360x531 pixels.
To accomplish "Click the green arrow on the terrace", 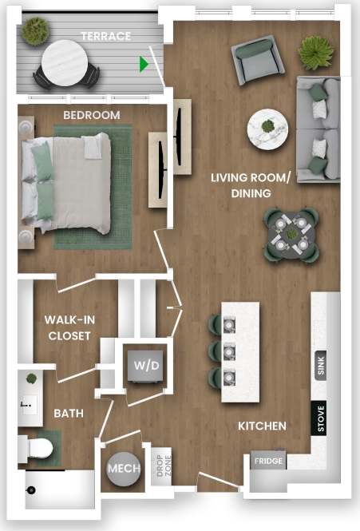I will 144,64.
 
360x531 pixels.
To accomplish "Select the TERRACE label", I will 105,36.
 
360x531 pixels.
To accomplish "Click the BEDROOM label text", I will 92,115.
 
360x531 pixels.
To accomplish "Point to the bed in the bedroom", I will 68,183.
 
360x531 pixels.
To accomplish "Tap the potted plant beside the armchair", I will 315,53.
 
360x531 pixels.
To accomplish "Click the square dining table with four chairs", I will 291,236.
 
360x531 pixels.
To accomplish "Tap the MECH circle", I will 124,467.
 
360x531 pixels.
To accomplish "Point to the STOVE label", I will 321,419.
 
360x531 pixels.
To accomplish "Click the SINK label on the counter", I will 321,365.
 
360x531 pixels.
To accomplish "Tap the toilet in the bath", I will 40,448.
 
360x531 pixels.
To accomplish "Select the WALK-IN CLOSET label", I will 69,327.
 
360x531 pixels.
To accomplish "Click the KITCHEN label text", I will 262,426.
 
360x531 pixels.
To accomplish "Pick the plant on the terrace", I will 34,31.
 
